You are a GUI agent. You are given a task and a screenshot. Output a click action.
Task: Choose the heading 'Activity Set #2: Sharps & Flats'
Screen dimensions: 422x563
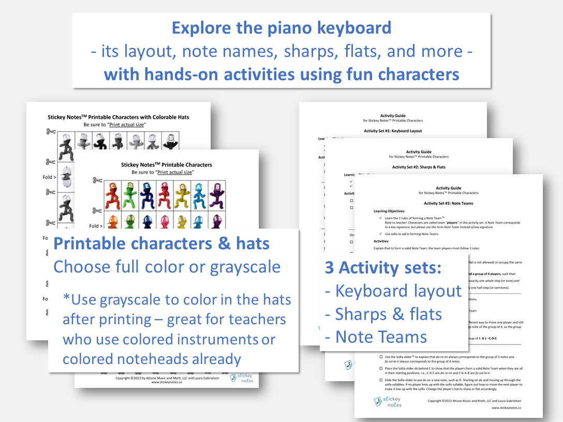419,167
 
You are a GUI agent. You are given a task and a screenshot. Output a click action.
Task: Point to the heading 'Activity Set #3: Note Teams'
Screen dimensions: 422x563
448,203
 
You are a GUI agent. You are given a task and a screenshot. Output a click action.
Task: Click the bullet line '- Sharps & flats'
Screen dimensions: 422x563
383,314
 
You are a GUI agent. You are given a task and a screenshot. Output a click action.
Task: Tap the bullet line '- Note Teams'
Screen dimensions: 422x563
376,337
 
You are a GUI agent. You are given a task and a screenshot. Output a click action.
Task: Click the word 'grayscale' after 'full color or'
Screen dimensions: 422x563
246,267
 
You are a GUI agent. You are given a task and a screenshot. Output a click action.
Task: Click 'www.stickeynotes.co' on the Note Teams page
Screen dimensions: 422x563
506,408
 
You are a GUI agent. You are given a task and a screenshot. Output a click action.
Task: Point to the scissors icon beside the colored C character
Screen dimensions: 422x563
97,180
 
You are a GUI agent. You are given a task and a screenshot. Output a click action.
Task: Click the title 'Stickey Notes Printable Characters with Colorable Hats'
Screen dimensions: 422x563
118,117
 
